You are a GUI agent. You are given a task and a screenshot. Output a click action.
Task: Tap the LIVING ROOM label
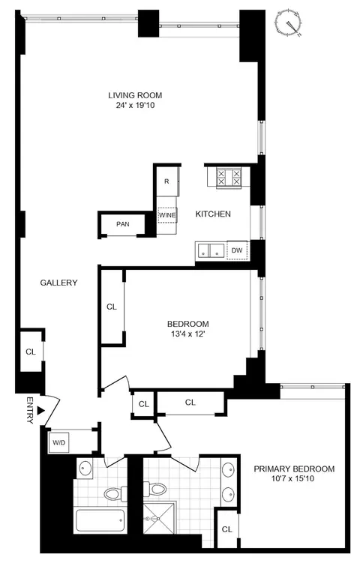135,95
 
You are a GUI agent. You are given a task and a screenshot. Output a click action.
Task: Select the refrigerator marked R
167,182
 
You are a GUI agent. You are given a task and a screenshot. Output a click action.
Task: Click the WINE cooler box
167,214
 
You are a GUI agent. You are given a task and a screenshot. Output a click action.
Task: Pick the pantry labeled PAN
122,224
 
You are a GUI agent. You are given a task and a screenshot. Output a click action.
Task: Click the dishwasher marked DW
237,250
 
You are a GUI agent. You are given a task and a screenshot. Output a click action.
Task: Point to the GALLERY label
59,283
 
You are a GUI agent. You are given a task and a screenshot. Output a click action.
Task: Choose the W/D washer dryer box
58,442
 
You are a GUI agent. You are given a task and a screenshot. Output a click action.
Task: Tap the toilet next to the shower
156,490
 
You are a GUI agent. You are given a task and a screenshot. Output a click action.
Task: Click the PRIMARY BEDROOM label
293,469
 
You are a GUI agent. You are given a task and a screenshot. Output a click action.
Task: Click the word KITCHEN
213,214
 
